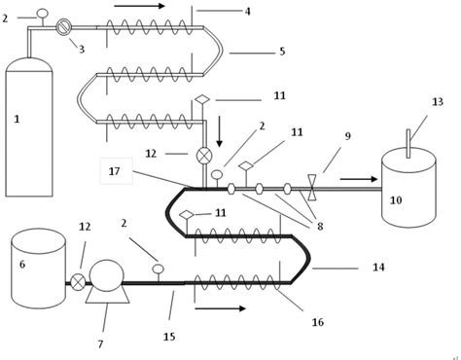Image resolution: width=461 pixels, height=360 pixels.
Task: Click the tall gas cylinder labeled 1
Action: [29, 126]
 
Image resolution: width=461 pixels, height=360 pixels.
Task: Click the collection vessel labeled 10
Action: [408, 190]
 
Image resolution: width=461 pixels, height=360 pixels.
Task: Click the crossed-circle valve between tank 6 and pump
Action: [78, 282]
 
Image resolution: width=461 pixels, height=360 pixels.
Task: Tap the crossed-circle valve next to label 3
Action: [63, 27]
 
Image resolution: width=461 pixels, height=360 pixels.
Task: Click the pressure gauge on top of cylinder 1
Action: [41, 14]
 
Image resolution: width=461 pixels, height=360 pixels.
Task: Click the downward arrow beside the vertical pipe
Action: [219, 129]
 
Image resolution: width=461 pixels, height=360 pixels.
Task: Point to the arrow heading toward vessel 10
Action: [358, 179]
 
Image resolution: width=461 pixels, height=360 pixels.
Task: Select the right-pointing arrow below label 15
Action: [220, 308]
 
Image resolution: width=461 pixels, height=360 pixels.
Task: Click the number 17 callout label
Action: [115, 171]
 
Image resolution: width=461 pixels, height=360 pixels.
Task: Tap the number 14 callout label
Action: [378, 267]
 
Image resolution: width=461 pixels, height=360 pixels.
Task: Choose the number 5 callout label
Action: [282, 51]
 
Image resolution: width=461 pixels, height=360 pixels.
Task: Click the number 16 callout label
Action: [317, 322]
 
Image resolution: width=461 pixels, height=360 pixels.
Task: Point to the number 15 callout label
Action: [169, 337]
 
